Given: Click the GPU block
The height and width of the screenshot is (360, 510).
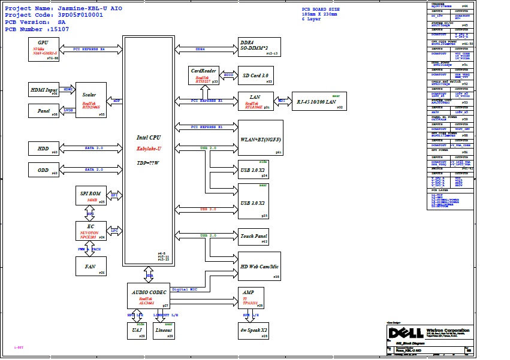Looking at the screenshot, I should click(43, 49).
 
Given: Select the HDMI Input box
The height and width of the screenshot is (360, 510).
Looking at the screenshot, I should click(43, 90).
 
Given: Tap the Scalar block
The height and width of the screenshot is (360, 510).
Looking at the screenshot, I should click(91, 100).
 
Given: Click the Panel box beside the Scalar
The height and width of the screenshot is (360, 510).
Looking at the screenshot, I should click(43, 111).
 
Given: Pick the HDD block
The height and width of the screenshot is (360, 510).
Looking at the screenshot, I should click(43, 149).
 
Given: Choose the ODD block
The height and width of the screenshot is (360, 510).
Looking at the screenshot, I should click(43, 170).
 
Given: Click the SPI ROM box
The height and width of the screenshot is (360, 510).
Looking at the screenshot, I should click(91, 196).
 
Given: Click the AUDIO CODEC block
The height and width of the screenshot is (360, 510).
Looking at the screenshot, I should click(149, 296).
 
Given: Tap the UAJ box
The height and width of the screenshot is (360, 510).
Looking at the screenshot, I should click(137, 331).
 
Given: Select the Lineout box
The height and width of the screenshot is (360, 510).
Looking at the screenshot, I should click(164, 331).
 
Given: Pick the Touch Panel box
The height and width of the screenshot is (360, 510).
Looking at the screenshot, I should click(254, 237).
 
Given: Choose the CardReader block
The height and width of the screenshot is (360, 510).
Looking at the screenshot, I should click(204, 75).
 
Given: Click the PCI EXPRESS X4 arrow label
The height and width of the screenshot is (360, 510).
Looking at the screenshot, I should click(89, 49).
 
